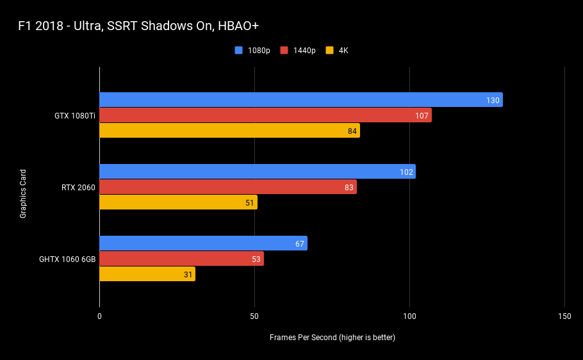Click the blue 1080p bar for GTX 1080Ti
point(301,100)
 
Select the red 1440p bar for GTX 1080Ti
point(265,115)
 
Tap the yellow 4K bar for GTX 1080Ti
point(230,131)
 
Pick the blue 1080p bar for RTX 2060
point(258,172)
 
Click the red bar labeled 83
point(228,187)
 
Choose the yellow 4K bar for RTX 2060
point(179,202)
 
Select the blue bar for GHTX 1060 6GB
point(203,243)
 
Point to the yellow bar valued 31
point(147,274)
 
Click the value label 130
point(493,101)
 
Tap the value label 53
point(256,259)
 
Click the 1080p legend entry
point(252,50)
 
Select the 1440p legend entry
point(298,50)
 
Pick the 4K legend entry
point(337,50)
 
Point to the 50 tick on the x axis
point(254,316)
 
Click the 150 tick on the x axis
point(564,316)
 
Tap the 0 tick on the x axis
point(100,316)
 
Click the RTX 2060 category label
point(78,188)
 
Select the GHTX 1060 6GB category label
point(67,259)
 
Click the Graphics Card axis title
point(23,193)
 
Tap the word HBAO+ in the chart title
point(238,26)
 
